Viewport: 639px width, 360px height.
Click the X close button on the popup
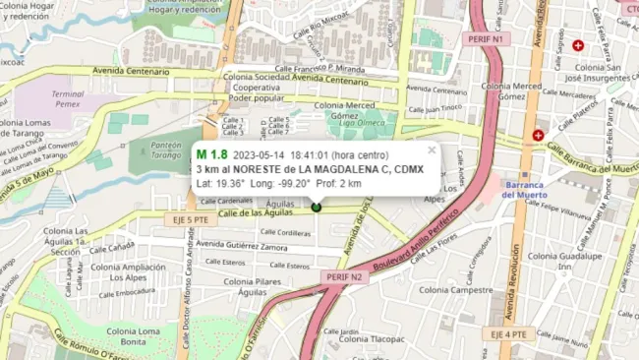point(432,150)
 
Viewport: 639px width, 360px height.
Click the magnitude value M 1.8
point(211,154)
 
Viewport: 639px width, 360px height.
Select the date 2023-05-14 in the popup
point(259,155)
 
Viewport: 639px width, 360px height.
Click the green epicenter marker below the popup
point(317,207)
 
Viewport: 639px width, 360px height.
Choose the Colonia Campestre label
point(455,290)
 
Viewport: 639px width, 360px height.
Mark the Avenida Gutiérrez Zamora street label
point(243,247)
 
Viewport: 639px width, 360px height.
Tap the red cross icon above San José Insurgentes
point(578,45)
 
